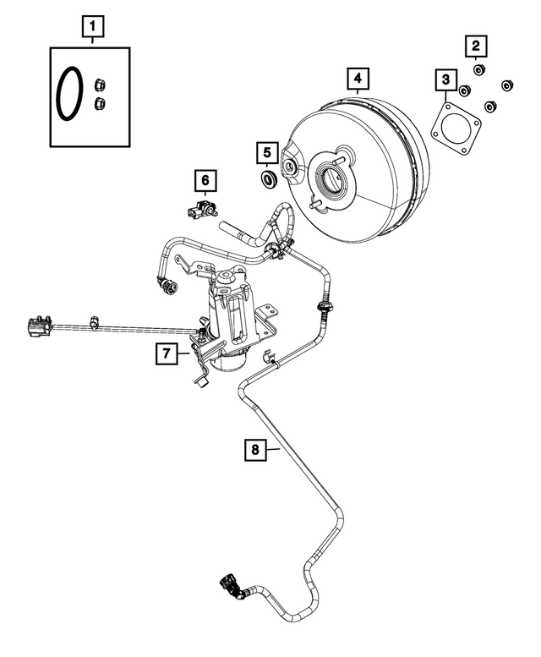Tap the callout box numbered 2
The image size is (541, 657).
pyautogui.click(x=478, y=44)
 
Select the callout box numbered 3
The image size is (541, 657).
pyautogui.click(x=444, y=80)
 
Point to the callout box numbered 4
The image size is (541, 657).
pyautogui.click(x=358, y=80)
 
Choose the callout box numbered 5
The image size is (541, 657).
pyautogui.click(x=266, y=152)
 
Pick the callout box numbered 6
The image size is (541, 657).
pyautogui.click(x=204, y=179)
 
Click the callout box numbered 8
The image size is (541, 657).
pyautogui.click(x=254, y=451)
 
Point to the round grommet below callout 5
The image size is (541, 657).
pyautogui.click(x=269, y=178)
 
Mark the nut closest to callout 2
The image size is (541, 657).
pyautogui.click(x=478, y=68)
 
